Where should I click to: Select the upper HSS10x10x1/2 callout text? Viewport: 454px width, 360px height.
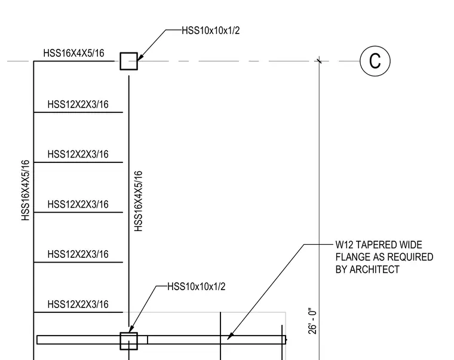[x=211, y=30]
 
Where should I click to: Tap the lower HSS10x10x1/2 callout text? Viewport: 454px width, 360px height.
[x=197, y=287]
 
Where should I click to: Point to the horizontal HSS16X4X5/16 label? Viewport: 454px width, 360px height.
[x=74, y=53]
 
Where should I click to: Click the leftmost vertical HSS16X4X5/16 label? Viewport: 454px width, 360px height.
[x=26, y=190]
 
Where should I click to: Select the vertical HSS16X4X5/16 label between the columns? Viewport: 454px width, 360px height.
[x=139, y=201]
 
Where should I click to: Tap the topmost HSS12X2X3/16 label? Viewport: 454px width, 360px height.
[x=78, y=104]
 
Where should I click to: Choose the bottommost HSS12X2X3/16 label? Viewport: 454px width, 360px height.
[x=78, y=304]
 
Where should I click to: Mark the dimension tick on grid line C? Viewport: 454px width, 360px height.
[x=319, y=61]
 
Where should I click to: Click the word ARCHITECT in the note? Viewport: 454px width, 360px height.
[x=375, y=269]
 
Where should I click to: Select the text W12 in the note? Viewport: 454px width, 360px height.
[x=344, y=245]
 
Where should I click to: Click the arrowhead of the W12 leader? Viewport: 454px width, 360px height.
[x=230, y=336]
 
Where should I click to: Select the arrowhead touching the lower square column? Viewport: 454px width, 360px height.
[x=131, y=329]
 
